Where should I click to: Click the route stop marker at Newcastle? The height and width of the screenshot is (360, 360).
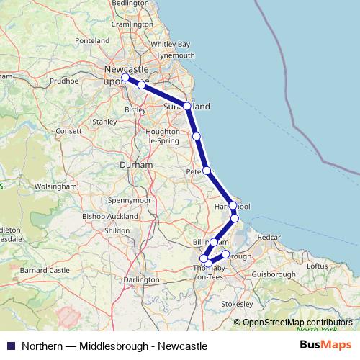click(x=125, y=77)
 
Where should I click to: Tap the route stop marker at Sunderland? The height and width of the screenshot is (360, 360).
click(x=187, y=106)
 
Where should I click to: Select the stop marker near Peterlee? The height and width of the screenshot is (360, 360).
click(x=207, y=171)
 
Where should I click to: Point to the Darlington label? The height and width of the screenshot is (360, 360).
click(x=141, y=279)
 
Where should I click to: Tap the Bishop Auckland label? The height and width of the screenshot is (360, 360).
click(x=106, y=216)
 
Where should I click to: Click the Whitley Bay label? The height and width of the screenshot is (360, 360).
click(x=171, y=44)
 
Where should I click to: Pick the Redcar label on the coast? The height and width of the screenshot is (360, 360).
click(x=269, y=237)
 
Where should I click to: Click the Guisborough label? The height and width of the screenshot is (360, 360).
click(x=274, y=274)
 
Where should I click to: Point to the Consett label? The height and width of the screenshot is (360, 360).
click(x=70, y=131)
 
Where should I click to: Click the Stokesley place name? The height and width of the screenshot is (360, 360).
click(x=238, y=305)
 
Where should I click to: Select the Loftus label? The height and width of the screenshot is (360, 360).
click(x=318, y=266)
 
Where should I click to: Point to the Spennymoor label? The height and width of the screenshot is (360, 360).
click(x=130, y=199)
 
